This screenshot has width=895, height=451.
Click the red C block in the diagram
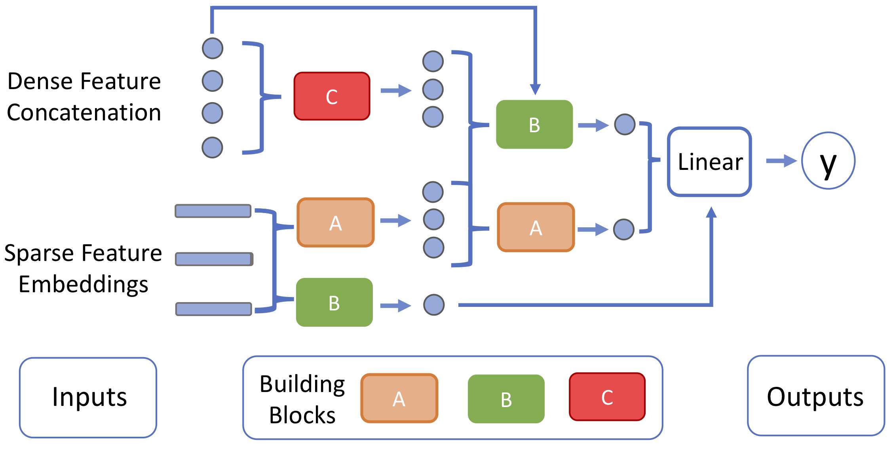(x=332, y=96)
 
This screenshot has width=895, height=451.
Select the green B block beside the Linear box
(x=534, y=124)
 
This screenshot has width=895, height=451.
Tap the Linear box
(x=709, y=162)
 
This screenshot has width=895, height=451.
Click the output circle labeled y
(x=828, y=161)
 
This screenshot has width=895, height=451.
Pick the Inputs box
(x=88, y=398)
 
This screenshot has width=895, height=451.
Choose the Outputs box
(x=816, y=396)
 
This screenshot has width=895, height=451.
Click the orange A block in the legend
(x=399, y=398)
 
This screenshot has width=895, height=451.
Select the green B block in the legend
(x=506, y=399)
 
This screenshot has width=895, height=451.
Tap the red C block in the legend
(x=607, y=397)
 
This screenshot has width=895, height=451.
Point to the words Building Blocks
(x=302, y=399)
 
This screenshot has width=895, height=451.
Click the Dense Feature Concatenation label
(x=84, y=97)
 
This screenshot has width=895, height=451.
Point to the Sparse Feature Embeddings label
(x=83, y=268)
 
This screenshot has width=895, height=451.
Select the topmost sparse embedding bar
(x=213, y=211)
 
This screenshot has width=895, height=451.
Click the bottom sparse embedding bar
(x=214, y=309)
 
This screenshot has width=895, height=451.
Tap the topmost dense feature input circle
(x=213, y=48)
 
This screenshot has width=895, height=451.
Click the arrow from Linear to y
(x=781, y=161)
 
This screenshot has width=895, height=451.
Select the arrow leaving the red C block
(x=396, y=91)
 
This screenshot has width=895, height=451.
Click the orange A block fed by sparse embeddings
(x=336, y=223)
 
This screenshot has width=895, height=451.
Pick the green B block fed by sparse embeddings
(x=334, y=303)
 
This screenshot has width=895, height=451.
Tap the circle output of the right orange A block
(x=624, y=230)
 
